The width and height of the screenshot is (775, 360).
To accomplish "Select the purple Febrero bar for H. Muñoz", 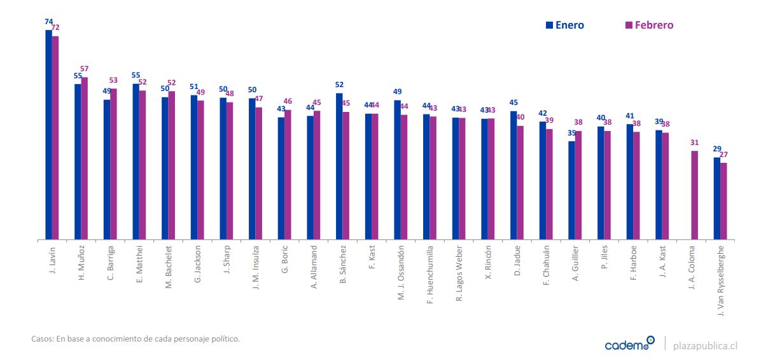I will [x=85, y=158].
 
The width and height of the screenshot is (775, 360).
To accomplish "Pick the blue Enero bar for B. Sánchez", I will [x=339, y=166].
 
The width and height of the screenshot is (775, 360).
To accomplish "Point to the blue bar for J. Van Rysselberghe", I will [x=716, y=198].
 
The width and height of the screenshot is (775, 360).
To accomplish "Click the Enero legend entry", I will [x=564, y=25].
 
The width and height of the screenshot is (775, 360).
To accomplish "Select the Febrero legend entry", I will [x=649, y=25].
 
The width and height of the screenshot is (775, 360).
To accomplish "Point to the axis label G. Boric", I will [x=285, y=260].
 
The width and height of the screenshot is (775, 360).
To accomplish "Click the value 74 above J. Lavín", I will [x=48, y=22].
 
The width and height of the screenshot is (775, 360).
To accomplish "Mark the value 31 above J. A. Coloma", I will [x=695, y=143].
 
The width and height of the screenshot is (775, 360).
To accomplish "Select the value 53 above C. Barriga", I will [x=113, y=81].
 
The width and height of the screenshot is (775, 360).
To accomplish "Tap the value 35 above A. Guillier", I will [x=571, y=134].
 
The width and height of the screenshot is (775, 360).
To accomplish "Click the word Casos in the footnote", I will [x=41, y=339].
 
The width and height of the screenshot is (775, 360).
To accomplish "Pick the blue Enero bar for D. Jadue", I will [x=513, y=176].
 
